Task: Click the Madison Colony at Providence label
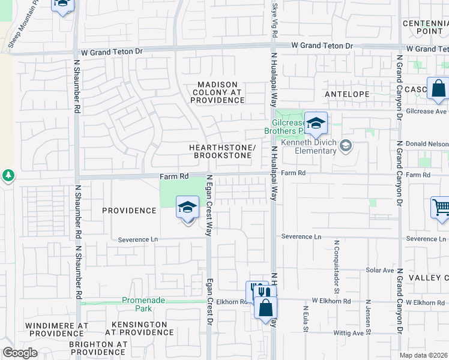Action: [218, 92]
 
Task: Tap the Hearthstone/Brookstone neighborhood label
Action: [223, 151]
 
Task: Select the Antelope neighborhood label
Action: [346, 94]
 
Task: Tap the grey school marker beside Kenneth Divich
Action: [345, 145]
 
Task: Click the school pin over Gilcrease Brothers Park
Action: [316, 124]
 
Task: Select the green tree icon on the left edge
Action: [8, 176]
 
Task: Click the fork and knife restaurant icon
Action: [256, 291]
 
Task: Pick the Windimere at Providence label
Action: [56, 329]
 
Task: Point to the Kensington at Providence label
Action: [140, 328]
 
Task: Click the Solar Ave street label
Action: [379, 271]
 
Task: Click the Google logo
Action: [20, 353]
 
